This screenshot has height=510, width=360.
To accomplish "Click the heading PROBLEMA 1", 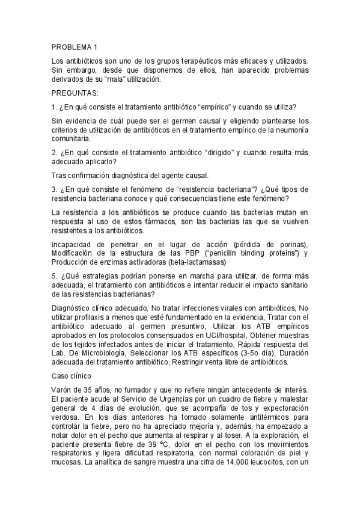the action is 75,47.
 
